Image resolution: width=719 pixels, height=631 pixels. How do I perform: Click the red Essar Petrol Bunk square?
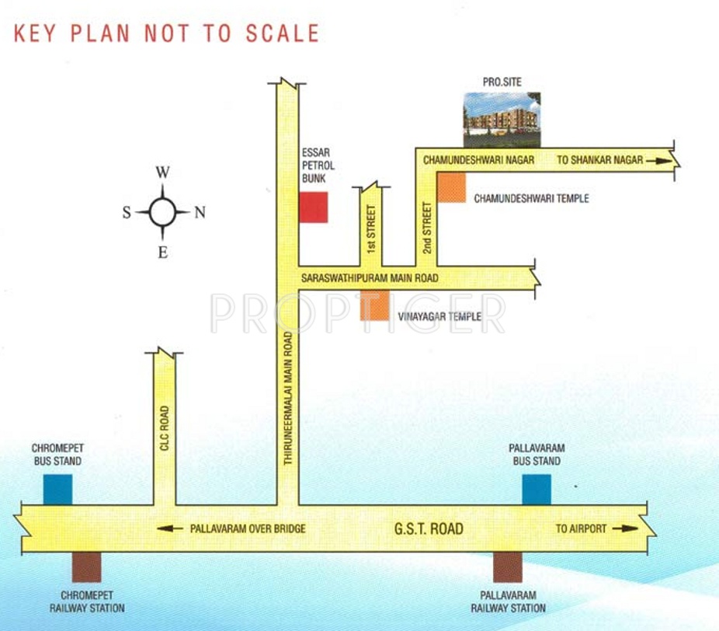click(314, 207)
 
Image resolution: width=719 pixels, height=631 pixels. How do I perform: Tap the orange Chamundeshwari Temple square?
click(451, 188)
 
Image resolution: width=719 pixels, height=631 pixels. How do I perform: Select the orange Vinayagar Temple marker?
click(374, 306)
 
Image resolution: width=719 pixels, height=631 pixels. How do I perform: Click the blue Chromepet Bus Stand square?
click(57, 489)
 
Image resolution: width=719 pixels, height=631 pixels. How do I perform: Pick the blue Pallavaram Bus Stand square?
click(537, 489)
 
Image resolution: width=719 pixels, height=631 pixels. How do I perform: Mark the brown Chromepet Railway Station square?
click(86, 567)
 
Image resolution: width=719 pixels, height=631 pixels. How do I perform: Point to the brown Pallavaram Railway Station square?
click(508, 567)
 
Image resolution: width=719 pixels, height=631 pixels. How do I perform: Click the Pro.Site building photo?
click(502, 119)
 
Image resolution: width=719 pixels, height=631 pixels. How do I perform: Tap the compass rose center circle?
click(162, 211)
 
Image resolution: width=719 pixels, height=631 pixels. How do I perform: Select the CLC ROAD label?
click(164, 427)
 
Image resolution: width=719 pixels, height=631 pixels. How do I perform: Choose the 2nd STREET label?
click(426, 227)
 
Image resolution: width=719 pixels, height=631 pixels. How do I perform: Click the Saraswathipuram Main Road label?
click(370, 278)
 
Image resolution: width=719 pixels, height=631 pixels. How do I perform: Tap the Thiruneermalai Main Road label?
click(288, 398)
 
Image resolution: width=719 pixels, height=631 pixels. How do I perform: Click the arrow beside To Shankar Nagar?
click(656, 160)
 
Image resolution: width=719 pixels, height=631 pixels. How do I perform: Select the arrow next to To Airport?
click(625, 529)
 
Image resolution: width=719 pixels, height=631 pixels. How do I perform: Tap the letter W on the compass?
click(163, 173)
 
